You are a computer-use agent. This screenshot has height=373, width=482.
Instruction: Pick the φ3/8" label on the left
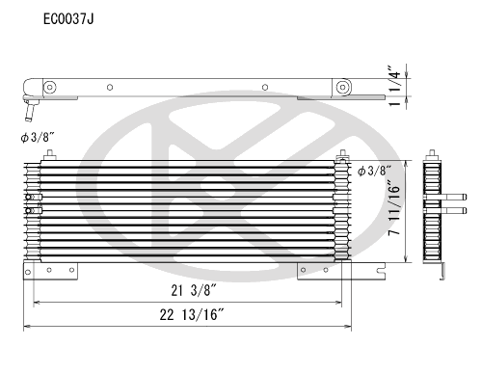coord(39,138)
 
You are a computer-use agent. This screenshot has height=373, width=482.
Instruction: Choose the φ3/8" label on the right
coord(375,172)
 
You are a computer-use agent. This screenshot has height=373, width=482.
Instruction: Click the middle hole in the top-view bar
coord(109,88)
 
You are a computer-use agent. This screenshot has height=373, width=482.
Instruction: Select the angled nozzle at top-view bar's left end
coord(30,99)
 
